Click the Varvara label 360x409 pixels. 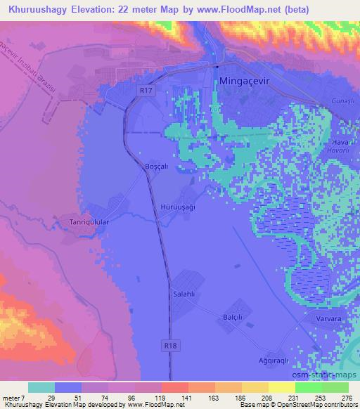coord(326,318)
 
